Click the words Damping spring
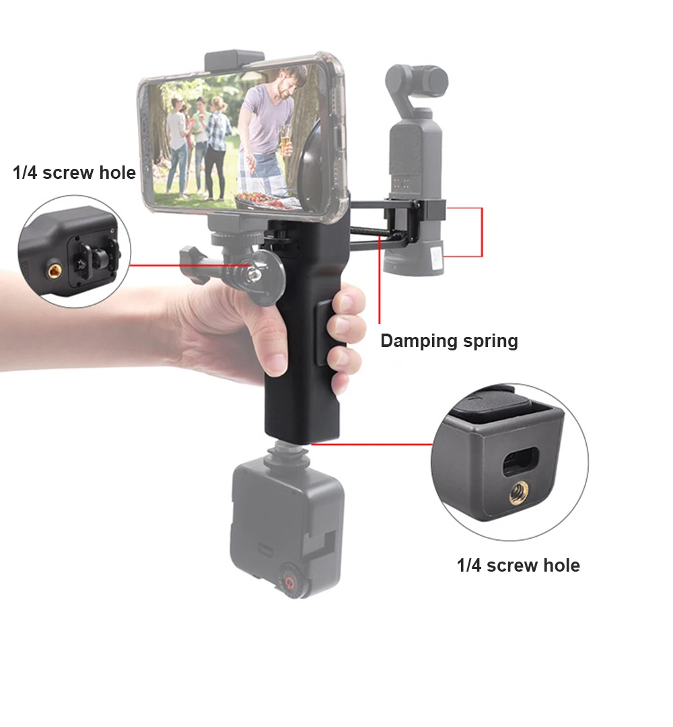click(449, 341)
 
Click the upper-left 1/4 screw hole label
click(74, 172)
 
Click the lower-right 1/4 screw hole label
click(518, 565)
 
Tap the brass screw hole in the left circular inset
click(55, 270)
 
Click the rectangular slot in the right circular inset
click(520, 461)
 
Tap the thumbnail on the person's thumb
click(277, 362)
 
